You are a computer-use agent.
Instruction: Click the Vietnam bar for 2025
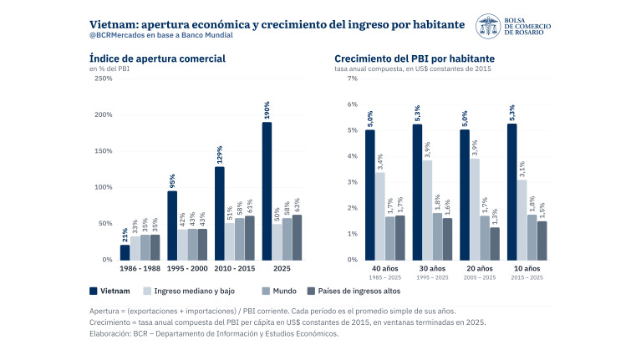click(x=267, y=191)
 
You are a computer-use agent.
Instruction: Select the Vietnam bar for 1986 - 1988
click(x=125, y=252)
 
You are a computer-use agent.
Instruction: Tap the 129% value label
click(x=220, y=155)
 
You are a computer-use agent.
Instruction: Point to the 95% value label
click(x=172, y=181)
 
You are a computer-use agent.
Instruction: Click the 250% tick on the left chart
click(x=104, y=79)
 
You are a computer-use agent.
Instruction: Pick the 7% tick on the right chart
click(x=352, y=79)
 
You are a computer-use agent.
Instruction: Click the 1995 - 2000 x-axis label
click(x=187, y=268)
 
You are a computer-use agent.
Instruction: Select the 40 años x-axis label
click(x=384, y=268)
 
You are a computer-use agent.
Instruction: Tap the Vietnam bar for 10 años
click(x=511, y=192)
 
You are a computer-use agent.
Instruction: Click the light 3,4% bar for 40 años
click(x=380, y=216)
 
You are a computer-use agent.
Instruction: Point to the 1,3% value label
click(x=495, y=217)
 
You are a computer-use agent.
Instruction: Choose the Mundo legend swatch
click(x=266, y=291)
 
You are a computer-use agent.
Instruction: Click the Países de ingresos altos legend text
click(x=359, y=291)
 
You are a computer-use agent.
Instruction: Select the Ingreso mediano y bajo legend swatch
click(x=147, y=291)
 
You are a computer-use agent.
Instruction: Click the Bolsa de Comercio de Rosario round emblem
click(x=488, y=26)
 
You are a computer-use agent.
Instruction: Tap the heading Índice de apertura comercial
click(x=157, y=58)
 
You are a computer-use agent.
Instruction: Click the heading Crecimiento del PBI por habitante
click(x=415, y=58)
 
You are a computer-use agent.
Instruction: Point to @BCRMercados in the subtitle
click(x=117, y=35)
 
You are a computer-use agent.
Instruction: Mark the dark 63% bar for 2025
click(x=297, y=238)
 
